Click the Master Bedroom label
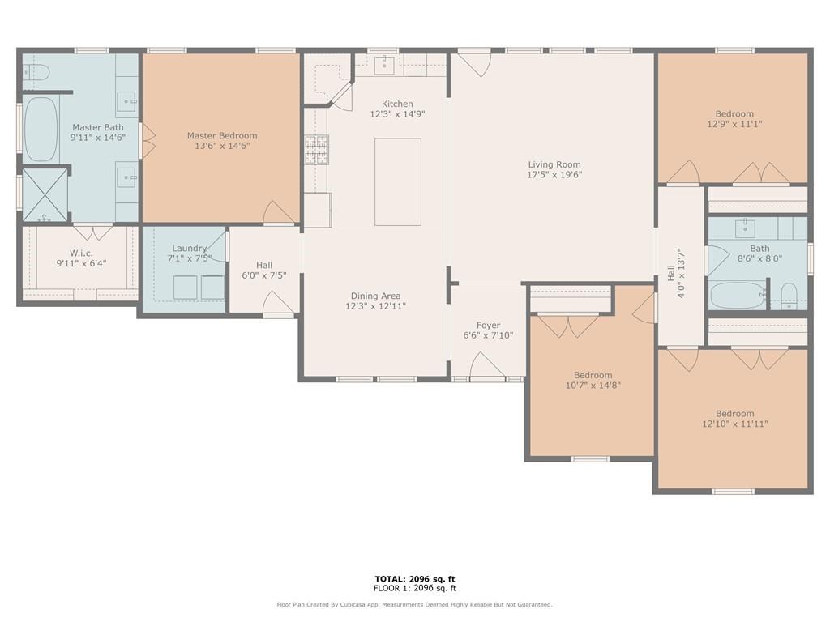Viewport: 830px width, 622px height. [222, 135]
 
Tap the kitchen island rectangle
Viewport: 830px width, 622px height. [397, 182]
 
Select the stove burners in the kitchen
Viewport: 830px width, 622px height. [316, 150]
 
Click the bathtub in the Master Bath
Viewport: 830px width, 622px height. [41, 129]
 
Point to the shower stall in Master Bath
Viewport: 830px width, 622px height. [45, 194]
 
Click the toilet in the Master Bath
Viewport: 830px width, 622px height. [36, 71]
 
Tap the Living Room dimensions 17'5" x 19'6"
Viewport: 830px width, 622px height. [554, 175]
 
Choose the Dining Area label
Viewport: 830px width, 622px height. [375, 296]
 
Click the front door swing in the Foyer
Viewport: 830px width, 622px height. [487, 365]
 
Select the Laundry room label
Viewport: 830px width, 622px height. [189, 248]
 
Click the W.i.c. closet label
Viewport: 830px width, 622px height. [81, 253]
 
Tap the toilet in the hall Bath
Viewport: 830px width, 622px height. [789, 296]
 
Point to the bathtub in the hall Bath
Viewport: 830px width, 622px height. [738, 295]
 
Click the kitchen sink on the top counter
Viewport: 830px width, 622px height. [383, 65]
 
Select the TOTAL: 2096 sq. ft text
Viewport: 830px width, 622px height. [415, 579]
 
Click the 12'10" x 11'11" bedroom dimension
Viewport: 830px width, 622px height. [734, 424]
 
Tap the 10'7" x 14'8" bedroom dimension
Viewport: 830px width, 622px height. [593, 385]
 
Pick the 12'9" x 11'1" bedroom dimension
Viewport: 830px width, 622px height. [734, 124]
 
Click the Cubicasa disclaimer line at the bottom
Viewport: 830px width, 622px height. [414, 604]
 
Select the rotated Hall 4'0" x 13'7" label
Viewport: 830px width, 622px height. [676, 274]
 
